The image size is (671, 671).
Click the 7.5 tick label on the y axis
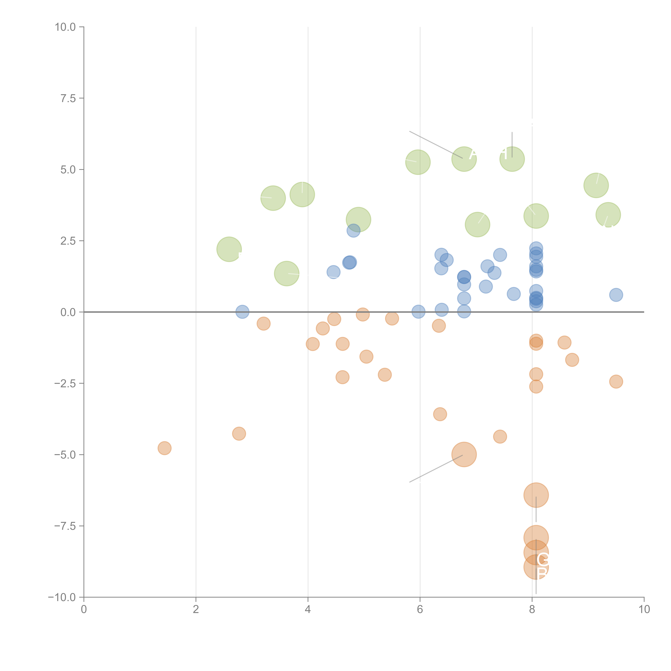point(68,98)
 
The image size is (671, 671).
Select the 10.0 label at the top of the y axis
point(65,27)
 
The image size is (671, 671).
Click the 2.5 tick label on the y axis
point(68,241)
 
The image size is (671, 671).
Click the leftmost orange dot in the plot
point(164,448)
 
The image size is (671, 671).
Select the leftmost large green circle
point(229,249)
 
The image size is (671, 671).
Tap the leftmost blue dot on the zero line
point(242,312)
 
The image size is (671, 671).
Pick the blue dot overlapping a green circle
point(353,230)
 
